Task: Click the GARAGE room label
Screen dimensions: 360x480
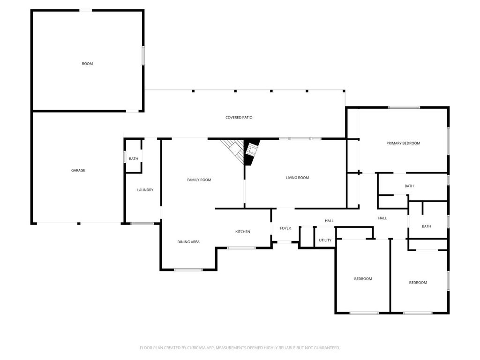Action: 78,170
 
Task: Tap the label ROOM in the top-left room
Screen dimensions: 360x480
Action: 87,63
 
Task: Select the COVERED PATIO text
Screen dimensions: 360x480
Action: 239,117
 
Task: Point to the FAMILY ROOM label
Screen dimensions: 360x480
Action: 199,180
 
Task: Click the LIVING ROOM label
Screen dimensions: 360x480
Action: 297,178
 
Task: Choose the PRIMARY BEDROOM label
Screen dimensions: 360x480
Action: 403,143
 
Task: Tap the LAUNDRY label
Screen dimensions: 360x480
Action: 145,190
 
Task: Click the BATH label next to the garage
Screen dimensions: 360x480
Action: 134,159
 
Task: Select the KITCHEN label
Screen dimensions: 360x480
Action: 242,232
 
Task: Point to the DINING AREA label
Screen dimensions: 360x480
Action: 188,242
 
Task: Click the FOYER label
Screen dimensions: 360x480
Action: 285,228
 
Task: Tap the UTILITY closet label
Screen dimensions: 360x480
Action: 325,240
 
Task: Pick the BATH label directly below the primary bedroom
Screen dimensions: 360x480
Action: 409,186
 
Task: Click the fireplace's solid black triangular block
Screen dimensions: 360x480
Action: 250,152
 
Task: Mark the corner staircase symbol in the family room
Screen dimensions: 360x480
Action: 233,149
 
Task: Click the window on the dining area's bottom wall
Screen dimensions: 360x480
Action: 188,270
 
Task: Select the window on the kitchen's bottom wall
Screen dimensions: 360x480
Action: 241,248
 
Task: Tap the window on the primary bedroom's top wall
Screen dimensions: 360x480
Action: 404,107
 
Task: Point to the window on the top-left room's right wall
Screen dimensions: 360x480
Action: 143,54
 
